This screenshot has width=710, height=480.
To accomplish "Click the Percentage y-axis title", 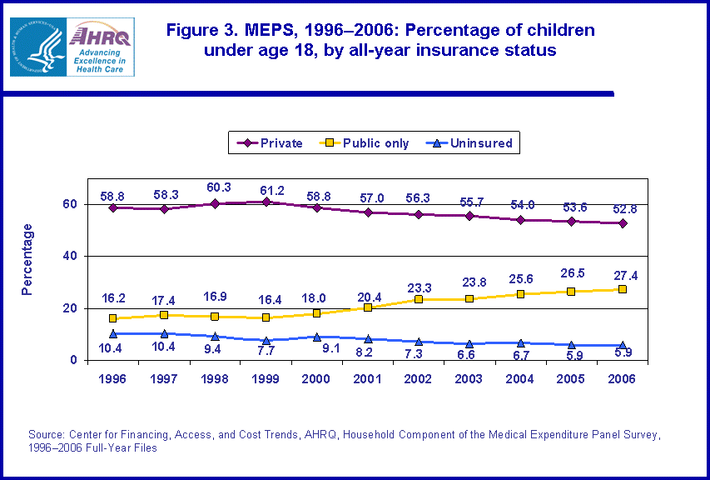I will point(27,259).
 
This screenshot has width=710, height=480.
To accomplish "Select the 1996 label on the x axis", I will point(112,377).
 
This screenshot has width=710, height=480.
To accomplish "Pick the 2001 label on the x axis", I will point(367,377).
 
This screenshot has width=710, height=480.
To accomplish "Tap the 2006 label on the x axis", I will point(622,377).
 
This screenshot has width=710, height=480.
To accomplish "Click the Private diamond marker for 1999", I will point(266,202).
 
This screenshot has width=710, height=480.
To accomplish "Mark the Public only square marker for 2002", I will point(419,299).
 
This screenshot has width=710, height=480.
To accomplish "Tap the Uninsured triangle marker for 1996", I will point(112,333).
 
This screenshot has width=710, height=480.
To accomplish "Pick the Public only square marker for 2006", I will point(622,289).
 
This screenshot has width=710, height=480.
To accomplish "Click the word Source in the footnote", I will point(47,435).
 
